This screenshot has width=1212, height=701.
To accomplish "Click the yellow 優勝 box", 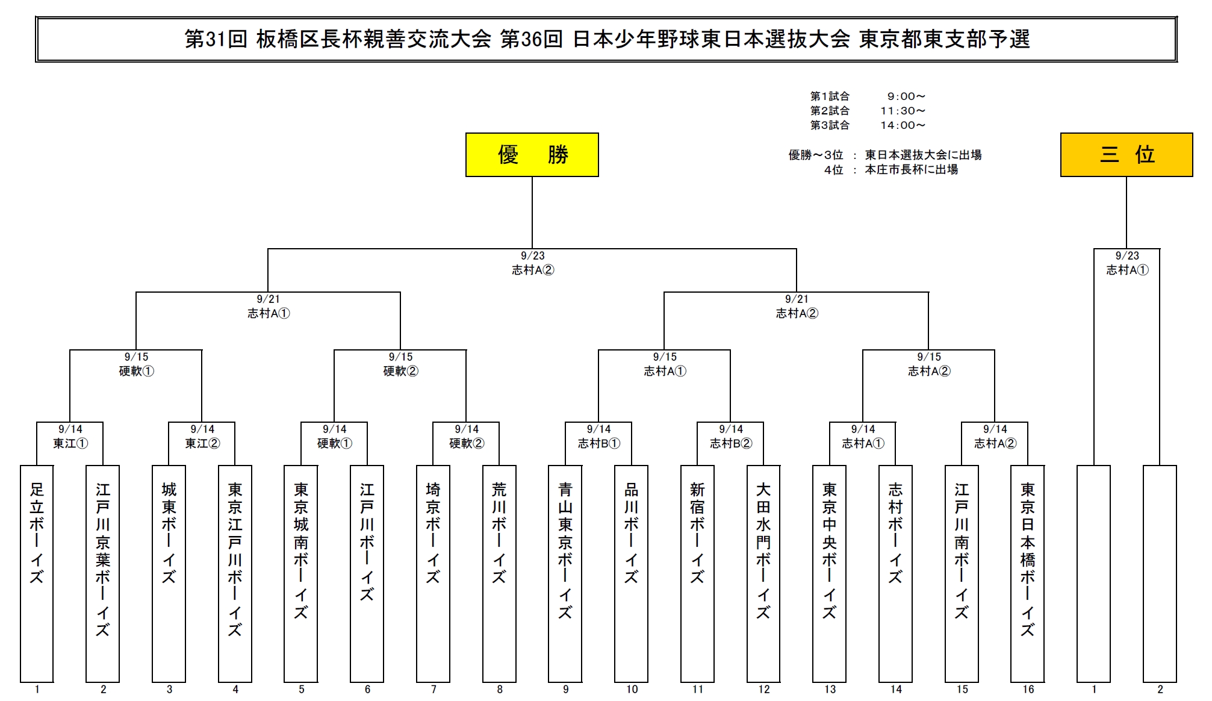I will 532,155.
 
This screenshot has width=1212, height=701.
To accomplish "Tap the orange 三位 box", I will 1126,155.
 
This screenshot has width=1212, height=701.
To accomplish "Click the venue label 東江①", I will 70,444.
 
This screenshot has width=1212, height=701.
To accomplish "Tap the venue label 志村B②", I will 731,444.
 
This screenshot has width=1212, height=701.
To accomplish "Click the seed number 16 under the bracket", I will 1028,690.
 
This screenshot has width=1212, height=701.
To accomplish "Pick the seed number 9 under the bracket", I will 565,690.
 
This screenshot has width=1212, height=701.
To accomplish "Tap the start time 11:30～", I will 903,111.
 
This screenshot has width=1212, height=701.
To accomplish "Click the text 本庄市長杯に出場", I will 911,170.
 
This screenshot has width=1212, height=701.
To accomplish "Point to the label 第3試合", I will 830,125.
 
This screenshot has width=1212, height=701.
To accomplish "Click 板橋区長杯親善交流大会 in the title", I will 373,39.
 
